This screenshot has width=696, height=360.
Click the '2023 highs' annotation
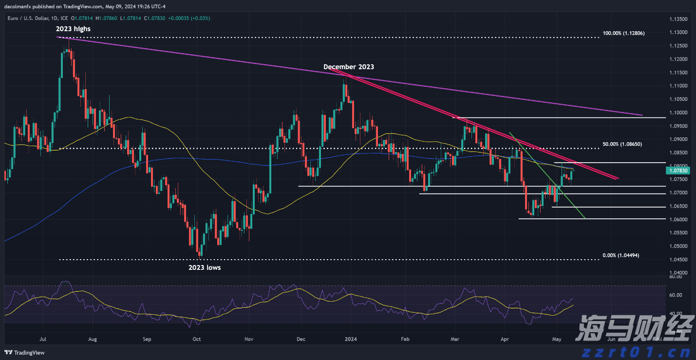coord(73,29)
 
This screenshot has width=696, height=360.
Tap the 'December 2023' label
coord(349,67)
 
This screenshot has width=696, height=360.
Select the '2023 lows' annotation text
coord(205,267)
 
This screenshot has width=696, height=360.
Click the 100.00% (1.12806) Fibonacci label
coord(624,33)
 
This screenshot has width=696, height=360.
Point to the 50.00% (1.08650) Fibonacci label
coord(623,145)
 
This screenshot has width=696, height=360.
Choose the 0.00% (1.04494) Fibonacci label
coord(621,256)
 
